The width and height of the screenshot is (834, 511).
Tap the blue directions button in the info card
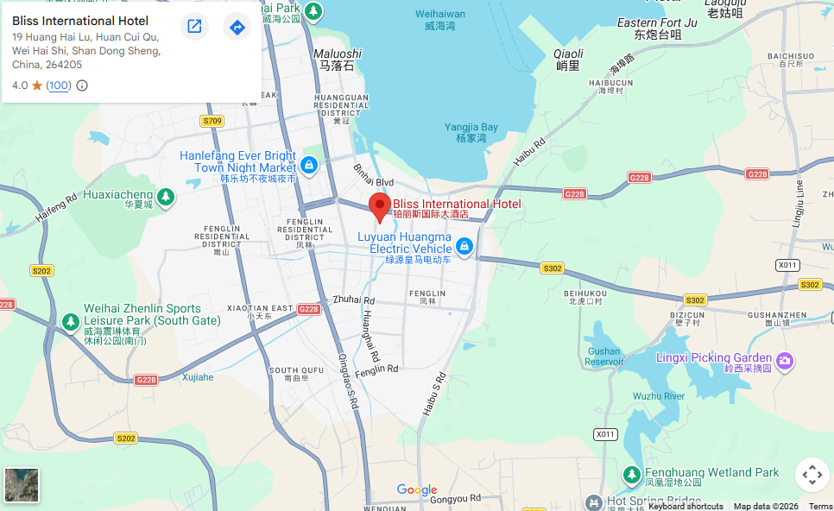coord(237,27)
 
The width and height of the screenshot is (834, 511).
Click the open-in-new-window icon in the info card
coord(194,27)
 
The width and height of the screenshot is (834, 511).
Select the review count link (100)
coord(59,85)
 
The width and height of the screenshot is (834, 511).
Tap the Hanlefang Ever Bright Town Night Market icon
coord(309,164)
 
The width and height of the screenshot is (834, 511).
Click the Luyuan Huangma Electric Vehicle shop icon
coord(464,246)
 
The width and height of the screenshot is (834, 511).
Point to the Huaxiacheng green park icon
coord(166,198)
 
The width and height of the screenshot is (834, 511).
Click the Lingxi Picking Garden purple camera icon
coord(784,360)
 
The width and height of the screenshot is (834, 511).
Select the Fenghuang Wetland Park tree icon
coord(632,474)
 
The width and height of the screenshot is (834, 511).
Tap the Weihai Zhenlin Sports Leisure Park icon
coord(70,322)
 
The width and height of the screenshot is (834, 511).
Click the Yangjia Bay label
coord(471,132)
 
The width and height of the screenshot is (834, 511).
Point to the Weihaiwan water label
coord(439,19)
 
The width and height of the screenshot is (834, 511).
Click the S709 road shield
coord(212,121)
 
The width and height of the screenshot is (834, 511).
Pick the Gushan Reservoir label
coord(603,356)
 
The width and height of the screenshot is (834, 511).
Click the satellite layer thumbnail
coord(22,485)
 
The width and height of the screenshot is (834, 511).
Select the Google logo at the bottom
coord(416,490)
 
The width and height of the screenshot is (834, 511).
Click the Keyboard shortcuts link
coord(686,506)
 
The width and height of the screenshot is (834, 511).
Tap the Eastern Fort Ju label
coord(657,22)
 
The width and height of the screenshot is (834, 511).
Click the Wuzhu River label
coord(659,395)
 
